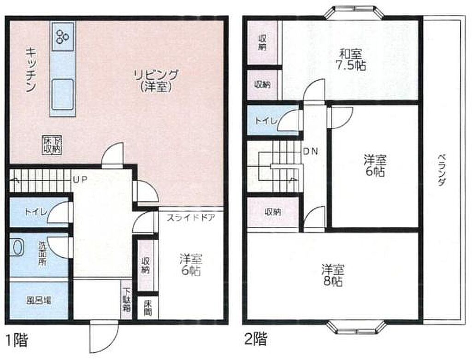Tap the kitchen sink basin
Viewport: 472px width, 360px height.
click(63, 94)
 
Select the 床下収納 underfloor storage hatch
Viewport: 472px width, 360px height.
click(52, 145)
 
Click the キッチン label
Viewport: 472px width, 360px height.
click(30, 69)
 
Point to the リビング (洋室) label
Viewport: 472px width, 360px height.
click(156, 80)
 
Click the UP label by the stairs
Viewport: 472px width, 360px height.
click(80, 179)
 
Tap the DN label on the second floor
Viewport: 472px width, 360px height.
click(310, 151)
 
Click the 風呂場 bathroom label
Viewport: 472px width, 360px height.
click(39, 301)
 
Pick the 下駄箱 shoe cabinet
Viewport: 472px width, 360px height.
click(127, 300)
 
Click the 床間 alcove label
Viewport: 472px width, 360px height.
click(148, 307)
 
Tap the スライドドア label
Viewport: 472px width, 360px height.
click(190, 217)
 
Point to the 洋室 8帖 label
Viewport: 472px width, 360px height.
click(332, 275)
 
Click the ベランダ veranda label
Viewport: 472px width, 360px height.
click(441, 170)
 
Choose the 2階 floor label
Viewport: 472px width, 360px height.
click(255, 339)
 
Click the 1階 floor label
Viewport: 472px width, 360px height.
click(17, 341)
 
